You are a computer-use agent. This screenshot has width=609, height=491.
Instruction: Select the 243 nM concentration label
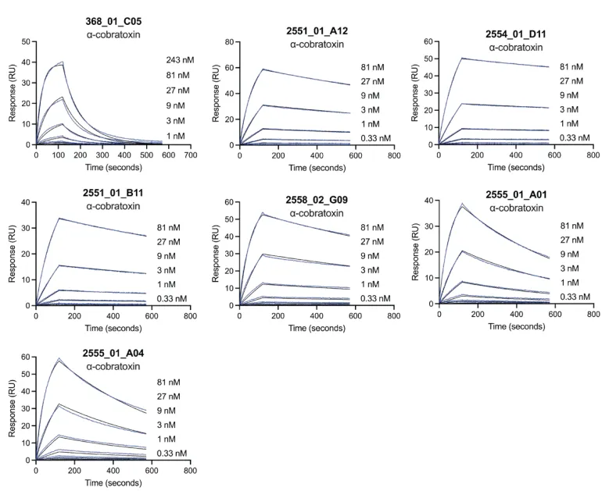(181, 60)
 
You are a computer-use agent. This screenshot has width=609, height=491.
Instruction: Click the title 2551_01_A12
(318, 30)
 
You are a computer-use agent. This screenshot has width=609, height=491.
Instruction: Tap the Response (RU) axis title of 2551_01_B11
(11, 254)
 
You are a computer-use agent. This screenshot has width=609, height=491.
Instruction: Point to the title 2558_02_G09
(318, 200)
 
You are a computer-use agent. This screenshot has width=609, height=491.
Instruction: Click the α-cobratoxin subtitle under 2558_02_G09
(318, 212)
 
